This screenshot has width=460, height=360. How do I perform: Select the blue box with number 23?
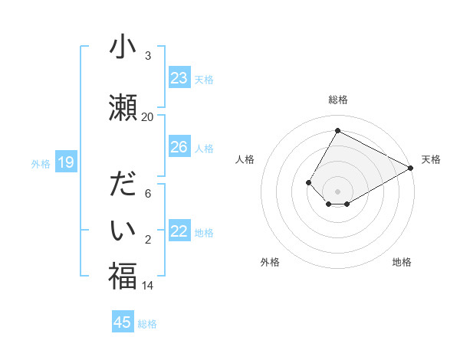(x=179, y=78)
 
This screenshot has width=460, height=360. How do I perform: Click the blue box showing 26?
(x=179, y=147)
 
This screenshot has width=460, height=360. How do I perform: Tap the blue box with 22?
(x=179, y=231)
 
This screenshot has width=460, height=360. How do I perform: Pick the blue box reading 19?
(x=66, y=162)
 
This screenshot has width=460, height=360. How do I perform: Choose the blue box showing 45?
(x=123, y=322)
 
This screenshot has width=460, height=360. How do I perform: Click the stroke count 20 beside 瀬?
(x=147, y=116)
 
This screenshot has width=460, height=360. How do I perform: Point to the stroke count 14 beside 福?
(x=147, y=286)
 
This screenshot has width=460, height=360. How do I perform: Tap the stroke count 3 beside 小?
(x=147, y=56)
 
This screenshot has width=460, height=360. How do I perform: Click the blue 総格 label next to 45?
(x=147, y=324)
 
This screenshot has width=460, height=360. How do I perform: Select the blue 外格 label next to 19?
(x=41, y=163)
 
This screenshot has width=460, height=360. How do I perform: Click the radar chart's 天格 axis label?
(x=431, y=159)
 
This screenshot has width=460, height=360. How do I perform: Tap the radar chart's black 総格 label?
(x=337, y=100)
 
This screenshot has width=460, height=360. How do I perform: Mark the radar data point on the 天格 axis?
(x=411, y=168)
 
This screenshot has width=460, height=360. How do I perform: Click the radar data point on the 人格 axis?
(x=308, y=182)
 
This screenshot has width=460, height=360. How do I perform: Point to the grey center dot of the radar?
(x=337, y=191)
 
